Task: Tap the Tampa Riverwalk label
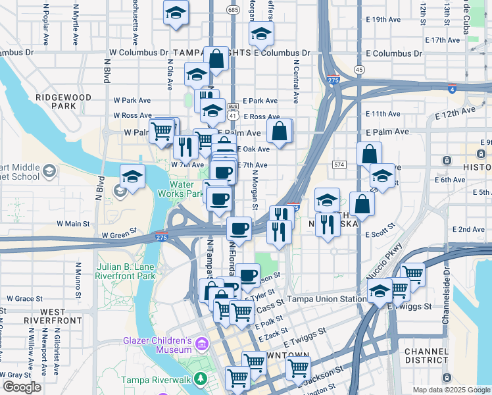[x=155, y=380]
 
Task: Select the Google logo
[x=22, y=387]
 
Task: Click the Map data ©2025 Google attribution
[x=451, y=390]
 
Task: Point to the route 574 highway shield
[x=339, y=164]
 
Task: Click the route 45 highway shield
[x=358, y=69]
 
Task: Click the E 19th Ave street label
[x=387, y=20]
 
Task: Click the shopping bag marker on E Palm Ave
[x=280, y=131]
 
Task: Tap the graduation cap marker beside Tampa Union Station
[x=380, y=292]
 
